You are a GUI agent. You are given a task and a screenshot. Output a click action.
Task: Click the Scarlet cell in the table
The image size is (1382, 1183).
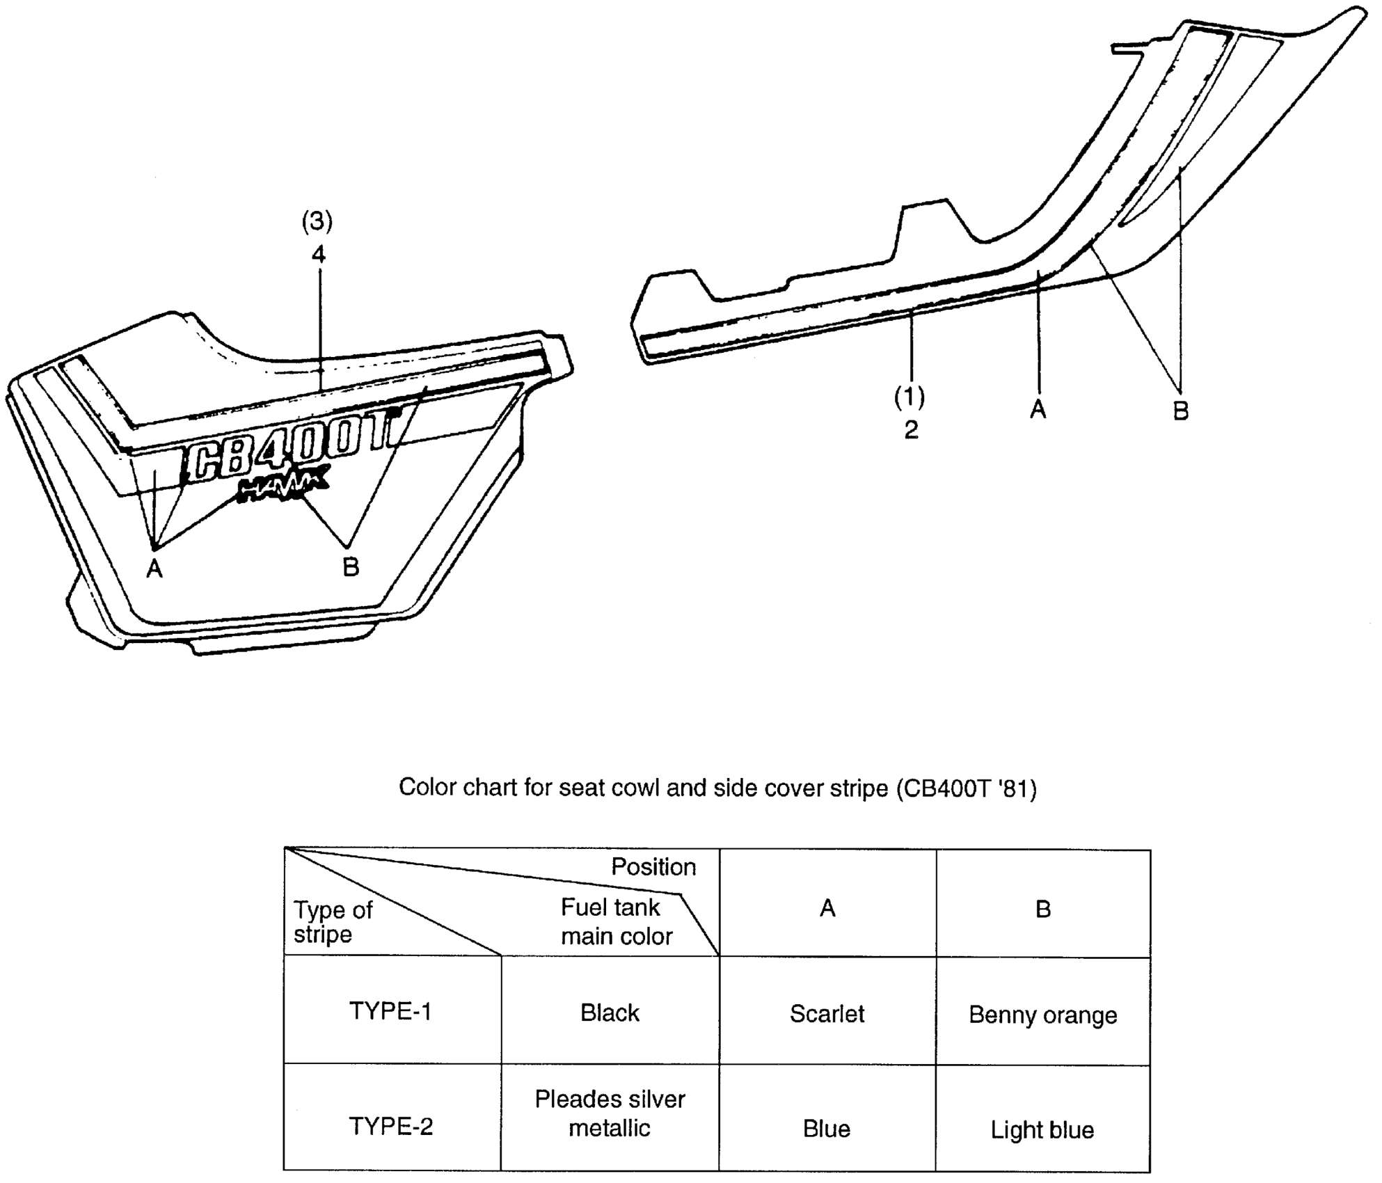tap(827, 1014)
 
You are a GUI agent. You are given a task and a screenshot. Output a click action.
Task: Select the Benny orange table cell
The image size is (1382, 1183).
tap(1042, 1015)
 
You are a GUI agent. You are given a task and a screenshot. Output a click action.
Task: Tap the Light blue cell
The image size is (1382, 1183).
tap(1042, 1130)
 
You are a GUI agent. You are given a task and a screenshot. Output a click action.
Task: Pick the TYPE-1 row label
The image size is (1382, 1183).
tap(390, 1011)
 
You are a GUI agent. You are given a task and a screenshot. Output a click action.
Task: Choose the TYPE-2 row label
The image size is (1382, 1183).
tap(390, 1126)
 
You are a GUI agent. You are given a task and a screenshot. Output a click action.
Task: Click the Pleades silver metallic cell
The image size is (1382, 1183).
tap(610, 1113)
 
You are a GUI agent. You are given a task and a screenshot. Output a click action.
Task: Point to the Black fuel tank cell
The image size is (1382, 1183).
tap(610, 1013)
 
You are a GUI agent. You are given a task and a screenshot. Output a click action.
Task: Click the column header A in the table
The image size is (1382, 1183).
tap(827, 908)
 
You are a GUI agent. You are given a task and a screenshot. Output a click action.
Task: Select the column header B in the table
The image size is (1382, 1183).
tap(1043, 909)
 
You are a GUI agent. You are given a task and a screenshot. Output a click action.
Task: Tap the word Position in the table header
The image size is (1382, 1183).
tap(653, 867)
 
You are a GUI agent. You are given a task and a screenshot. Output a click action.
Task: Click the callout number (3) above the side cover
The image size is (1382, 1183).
tap(317, 222)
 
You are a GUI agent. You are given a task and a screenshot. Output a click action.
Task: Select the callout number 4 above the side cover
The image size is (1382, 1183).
tap(319, 255)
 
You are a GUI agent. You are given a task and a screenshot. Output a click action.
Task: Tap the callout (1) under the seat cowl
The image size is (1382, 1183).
tap(910, 397)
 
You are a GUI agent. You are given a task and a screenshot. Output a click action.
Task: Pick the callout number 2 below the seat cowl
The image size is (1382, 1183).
tap(911, 430)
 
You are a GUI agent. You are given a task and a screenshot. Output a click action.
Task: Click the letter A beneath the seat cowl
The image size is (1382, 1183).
tap(1038, 410)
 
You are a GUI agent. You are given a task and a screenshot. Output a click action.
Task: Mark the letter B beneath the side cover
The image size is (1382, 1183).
tap(351, 567)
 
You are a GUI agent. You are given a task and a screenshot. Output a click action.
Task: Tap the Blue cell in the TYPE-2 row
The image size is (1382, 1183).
tap(827, 1129)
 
